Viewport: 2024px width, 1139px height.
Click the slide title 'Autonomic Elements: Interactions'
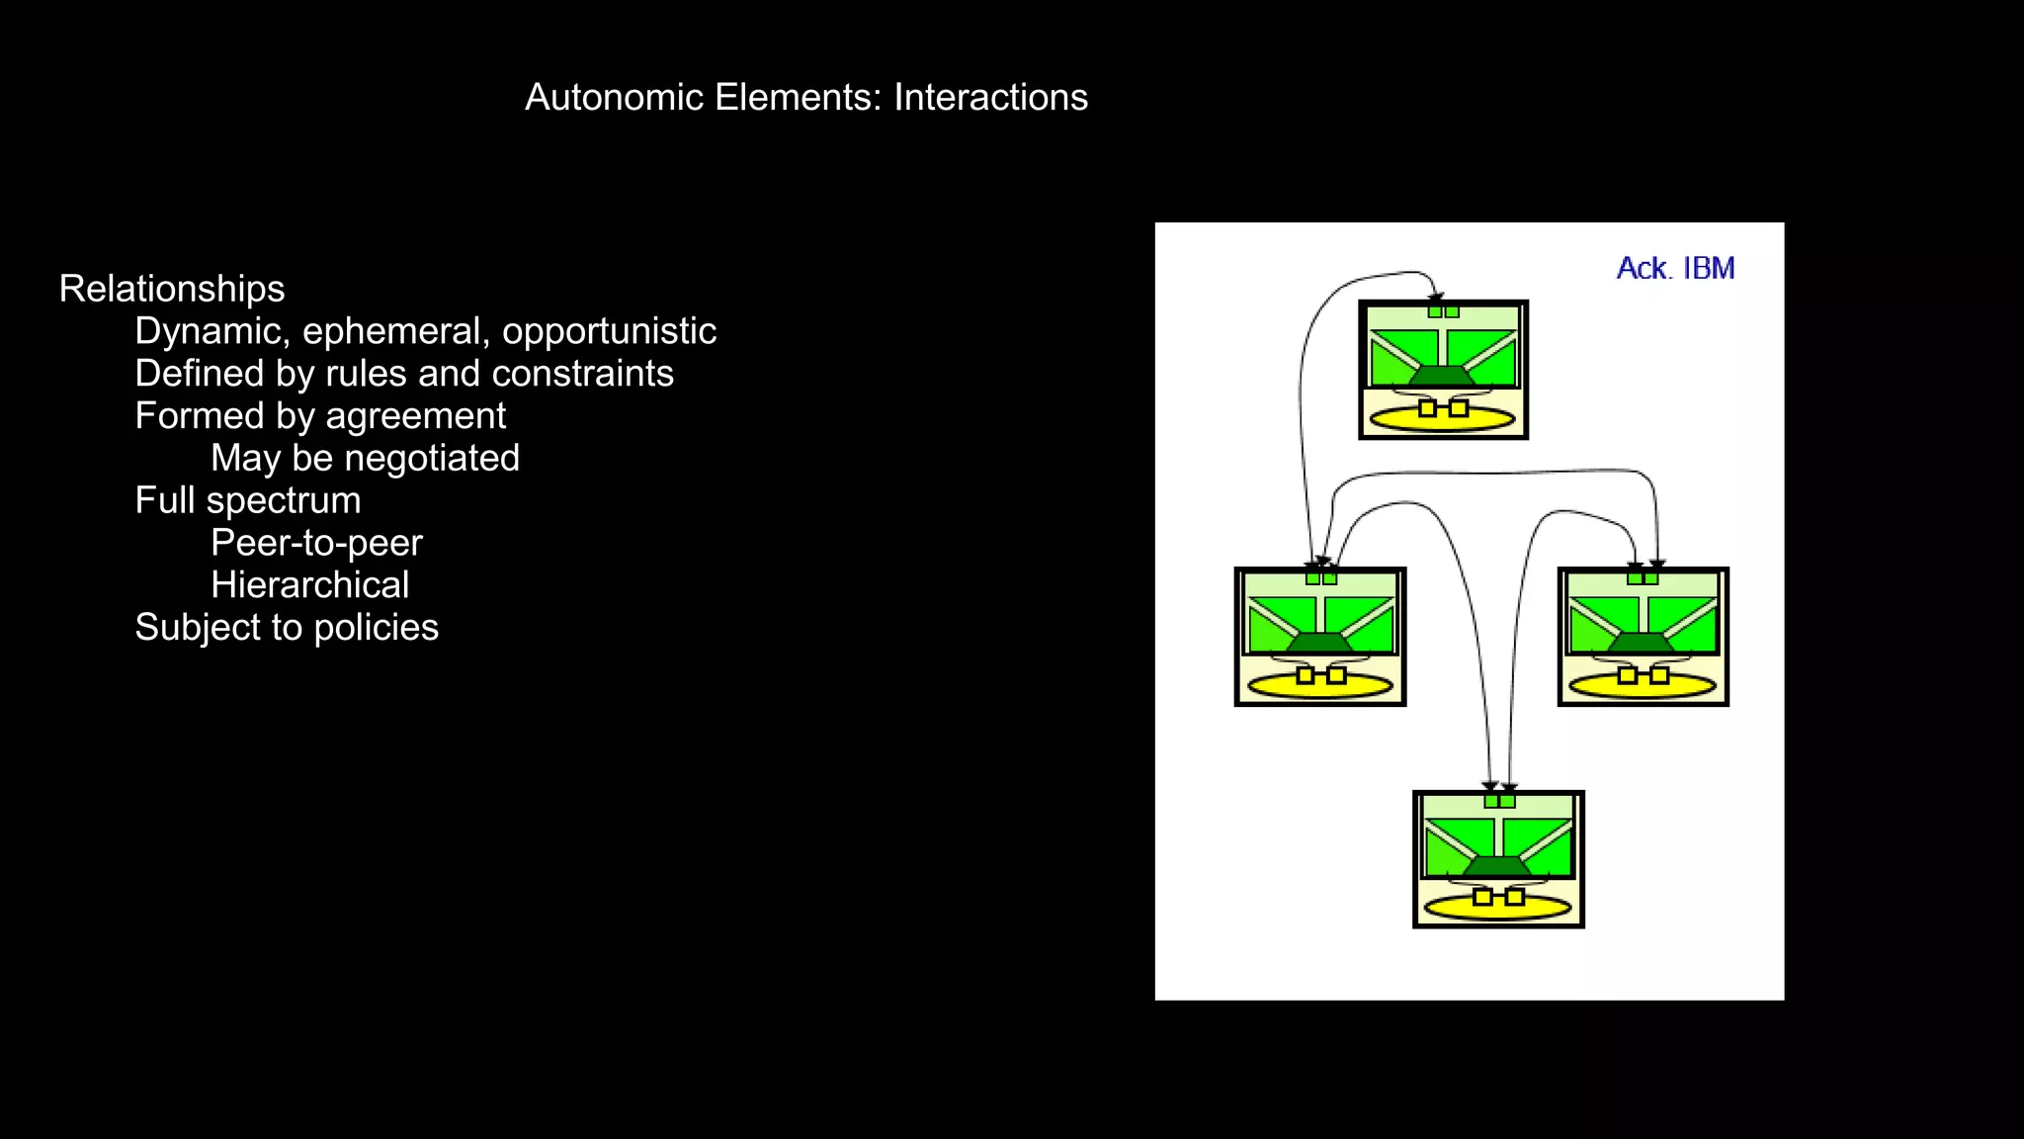click(805, 97)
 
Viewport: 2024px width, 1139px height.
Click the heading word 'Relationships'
click(172, 289)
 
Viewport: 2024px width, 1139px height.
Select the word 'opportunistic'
click(609, 331)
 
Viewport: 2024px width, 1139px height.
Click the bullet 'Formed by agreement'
click(320, 416)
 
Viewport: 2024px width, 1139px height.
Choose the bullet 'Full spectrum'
click(248, 500)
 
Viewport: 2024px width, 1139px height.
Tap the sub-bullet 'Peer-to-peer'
click(316, 543)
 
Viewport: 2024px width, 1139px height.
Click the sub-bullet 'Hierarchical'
click(309, 585)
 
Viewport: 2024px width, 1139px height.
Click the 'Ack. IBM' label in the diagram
click(1675, 269)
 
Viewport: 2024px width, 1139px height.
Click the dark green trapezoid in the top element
click(1443, 377)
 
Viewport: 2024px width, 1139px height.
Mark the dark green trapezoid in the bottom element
click(1498, 866)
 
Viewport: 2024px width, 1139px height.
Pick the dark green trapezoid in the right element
click(1643, 643)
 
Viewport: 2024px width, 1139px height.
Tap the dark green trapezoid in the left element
click(1320, 643)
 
